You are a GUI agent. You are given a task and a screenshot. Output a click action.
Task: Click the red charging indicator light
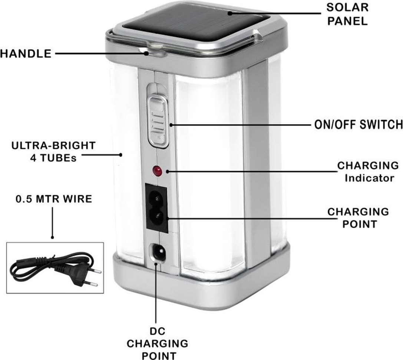[157, 171]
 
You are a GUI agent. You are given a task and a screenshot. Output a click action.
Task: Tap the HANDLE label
[25, 54]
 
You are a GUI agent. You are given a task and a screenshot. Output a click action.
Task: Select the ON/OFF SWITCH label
[356, 125]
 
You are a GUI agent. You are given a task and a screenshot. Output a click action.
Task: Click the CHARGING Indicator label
[367, 171]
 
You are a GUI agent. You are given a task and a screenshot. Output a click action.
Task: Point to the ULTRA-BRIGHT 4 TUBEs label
[53, 151]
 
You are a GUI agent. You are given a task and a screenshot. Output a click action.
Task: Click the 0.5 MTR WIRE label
[53, 199]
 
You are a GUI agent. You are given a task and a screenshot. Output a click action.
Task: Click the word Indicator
[369, 178]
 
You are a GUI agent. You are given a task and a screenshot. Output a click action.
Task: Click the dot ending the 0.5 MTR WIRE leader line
[52, 237]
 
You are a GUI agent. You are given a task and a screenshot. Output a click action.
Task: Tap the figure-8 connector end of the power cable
[19, 266]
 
